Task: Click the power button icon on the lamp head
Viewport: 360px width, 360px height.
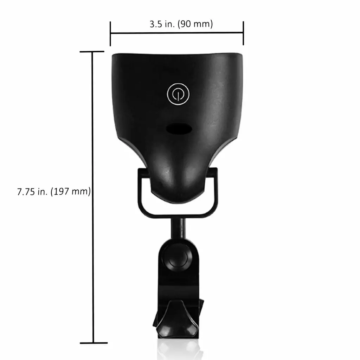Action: [178, 94]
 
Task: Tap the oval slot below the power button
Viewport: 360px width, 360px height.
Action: [179, 129]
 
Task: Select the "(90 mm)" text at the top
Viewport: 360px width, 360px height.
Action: [195, 24]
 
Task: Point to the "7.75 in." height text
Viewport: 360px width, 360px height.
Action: [32, 192]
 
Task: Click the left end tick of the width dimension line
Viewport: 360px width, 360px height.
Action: [110, 34]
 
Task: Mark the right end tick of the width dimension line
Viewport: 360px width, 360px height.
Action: [243, 33]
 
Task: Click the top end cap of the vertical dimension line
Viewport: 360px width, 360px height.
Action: [92, 52]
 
